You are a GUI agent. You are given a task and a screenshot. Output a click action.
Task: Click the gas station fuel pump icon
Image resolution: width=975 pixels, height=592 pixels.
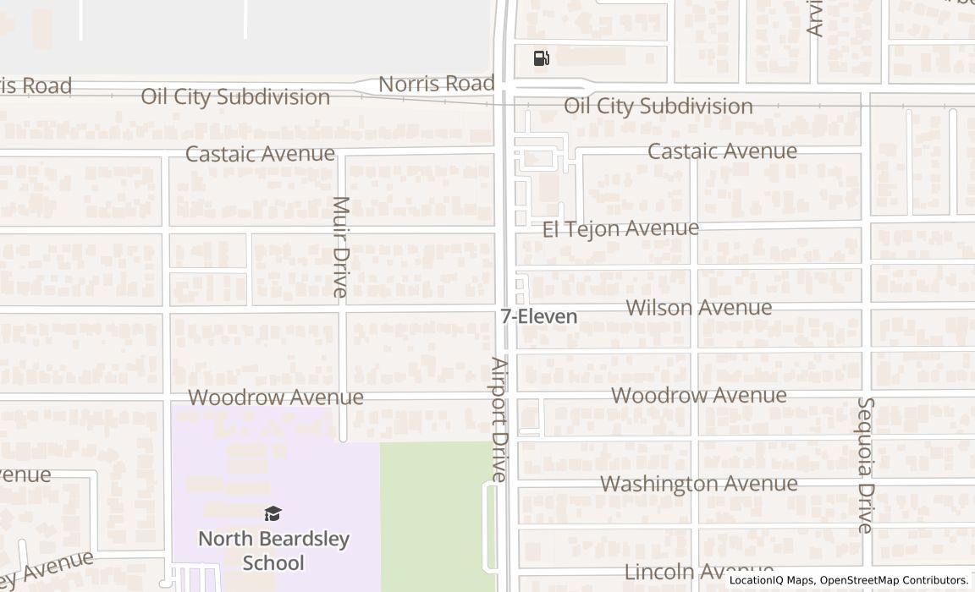542,58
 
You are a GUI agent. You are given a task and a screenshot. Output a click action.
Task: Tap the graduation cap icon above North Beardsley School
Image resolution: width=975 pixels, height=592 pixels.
273,513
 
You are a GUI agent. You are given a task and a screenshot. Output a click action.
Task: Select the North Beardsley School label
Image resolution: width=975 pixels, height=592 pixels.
273,550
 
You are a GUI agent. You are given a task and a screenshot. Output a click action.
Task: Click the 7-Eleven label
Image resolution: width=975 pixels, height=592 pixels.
539,317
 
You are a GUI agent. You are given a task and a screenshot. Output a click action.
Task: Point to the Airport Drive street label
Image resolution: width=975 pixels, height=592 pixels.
499,419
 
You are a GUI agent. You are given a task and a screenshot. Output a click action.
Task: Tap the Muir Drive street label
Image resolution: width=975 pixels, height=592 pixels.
340,247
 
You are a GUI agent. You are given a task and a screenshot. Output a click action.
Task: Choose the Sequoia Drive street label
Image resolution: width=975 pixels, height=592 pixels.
865,465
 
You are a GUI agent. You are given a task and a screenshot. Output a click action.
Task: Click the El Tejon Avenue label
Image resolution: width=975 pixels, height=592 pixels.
620,228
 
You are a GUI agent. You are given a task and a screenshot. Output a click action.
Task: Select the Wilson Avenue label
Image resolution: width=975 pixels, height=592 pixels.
699,308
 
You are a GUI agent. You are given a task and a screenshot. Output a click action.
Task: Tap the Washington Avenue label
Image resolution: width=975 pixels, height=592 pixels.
699,484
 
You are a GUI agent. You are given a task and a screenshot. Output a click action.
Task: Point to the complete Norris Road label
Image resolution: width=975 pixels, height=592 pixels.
436,84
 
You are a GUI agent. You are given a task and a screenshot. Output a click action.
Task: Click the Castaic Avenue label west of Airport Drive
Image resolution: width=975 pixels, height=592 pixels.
260,154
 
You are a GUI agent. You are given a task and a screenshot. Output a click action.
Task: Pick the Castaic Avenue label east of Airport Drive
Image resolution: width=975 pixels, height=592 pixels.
722,151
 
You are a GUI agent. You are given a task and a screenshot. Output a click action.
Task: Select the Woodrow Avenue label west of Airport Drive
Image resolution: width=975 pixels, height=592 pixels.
276,397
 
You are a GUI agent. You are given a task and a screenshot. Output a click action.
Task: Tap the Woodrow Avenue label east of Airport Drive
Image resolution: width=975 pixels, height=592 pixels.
699,395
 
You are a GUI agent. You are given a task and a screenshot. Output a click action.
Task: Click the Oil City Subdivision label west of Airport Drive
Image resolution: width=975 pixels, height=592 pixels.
235,96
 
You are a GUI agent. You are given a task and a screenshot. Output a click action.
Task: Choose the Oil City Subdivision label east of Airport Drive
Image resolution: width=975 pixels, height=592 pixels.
658,106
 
